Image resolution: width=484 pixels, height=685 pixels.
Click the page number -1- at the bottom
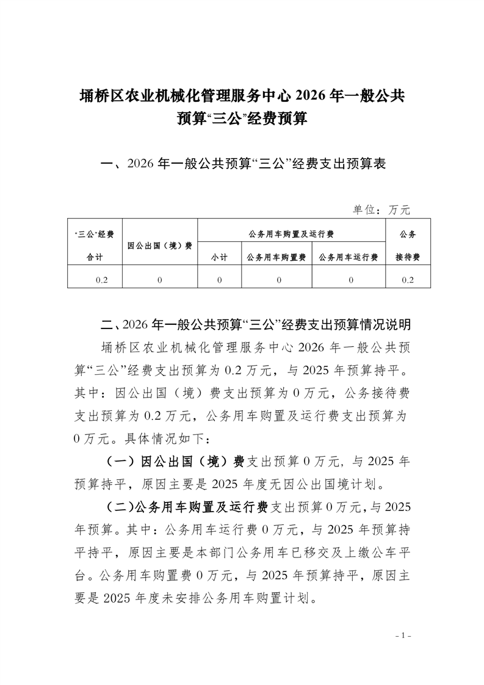click(404, 636)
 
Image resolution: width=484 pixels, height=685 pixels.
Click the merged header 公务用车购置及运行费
click(292, 234)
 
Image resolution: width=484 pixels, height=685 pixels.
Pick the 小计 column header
click(219, 258)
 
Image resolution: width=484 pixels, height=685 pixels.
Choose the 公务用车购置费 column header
click(276, 258)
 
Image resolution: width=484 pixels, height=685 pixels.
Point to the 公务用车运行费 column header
click(349, 258)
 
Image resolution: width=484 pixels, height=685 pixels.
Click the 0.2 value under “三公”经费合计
click(101, 280)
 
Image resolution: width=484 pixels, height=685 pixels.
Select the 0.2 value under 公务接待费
click(408, 280)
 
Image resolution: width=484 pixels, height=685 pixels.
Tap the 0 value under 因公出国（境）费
click(159, 280)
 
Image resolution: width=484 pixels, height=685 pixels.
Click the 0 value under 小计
click(219, 280)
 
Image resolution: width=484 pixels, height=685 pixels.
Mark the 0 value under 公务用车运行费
click(350, 280)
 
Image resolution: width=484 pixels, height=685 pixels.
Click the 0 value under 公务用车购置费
click(278, 280)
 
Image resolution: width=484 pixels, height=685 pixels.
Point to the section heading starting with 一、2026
click(242, 164)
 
